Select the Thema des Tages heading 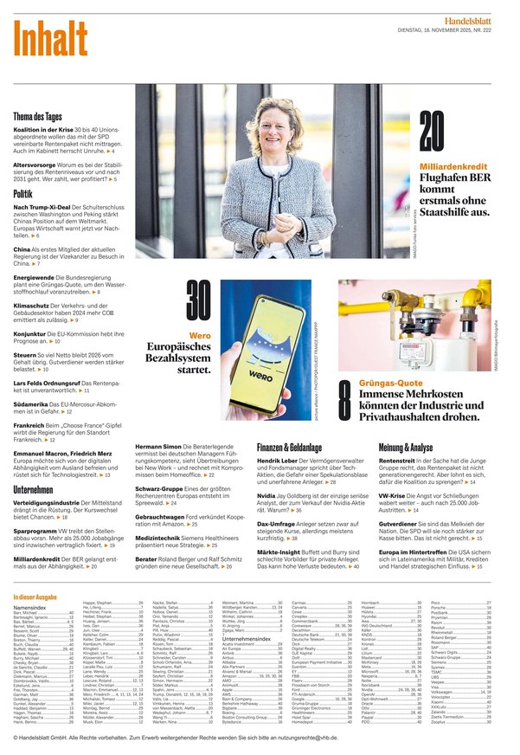(37, 117)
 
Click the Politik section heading (23, 194)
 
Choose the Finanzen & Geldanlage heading (290, 447)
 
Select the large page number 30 (197, 304)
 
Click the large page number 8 (343, 397)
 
